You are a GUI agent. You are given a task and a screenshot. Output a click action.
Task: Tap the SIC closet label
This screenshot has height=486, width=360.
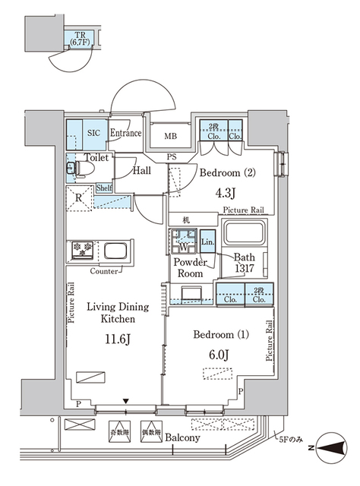pos(94,132)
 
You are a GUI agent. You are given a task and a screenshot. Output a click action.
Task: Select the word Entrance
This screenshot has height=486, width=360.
pos(125,134)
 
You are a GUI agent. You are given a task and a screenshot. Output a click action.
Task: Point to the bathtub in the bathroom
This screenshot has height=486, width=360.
pos(243,233)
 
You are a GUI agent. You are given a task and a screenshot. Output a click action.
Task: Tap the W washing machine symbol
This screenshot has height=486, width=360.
pos(182,246)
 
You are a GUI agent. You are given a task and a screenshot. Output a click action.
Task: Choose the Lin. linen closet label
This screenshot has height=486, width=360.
pos(207,244)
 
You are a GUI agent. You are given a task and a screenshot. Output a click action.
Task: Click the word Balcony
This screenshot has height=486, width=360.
pos(182,438)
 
